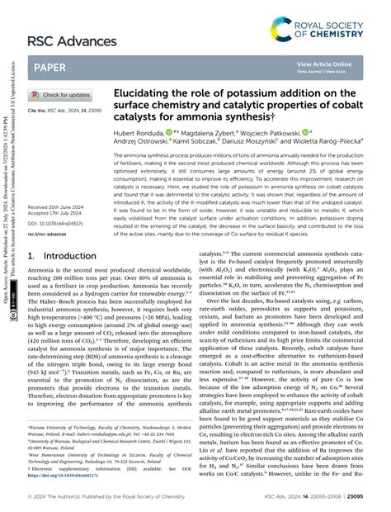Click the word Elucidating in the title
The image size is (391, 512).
(x=159, y=92)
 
